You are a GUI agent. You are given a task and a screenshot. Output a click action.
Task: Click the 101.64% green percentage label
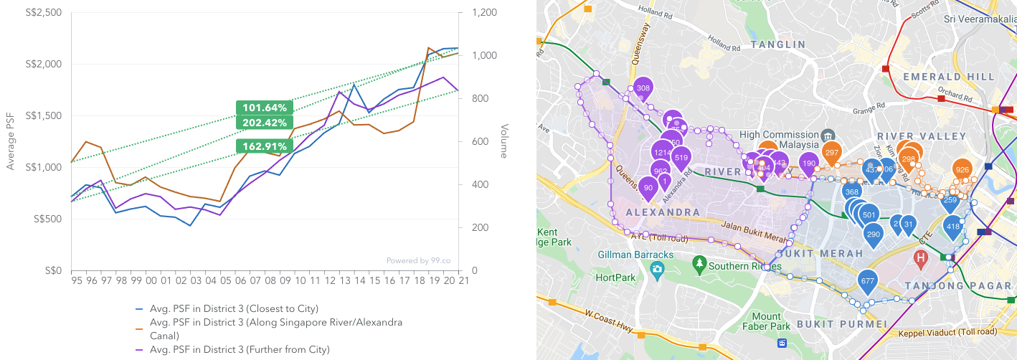pyautogui.click(x=264, y=108)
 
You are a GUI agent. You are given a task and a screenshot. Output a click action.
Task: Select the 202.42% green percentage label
pyautogui.click(x=264, y=122)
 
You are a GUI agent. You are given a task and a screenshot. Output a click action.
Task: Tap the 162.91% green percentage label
pyautogui.click(x=264, y=146)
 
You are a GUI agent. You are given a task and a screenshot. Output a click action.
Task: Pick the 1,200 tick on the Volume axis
pyautogui.click(x=484, y=13)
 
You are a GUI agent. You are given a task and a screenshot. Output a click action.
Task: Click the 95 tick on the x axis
pyautogui.click(x=75, y=281)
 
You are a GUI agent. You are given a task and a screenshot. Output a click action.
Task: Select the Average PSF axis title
pyautogui.click(x=10, y=141)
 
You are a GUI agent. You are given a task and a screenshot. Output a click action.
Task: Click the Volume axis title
pyautogui.click(x=504, y=141)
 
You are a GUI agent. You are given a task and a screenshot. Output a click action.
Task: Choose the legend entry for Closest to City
pyautogui.click(x=234, y=308)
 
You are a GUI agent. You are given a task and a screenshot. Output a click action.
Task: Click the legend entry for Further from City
pyautogui.click(x=240, y=349)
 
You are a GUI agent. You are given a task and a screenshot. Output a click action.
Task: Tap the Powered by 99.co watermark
pyautogui.click(x=418, y=261)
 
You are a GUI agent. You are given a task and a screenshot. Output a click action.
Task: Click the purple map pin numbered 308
pyautogui.click(x=643, y=88)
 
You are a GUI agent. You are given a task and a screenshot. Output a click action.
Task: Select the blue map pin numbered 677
pyautogui.click(x=867, y=281)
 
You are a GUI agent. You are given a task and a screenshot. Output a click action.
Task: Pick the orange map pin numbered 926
pyautogui.click(x=962, y=170)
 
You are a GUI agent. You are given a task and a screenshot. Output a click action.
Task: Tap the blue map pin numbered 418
pyautogui.click(x=952, y=227)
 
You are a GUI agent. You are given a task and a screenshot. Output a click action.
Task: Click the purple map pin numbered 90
pyautogui.click(x=648, y=188)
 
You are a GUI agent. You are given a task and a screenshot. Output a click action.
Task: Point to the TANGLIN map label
pyautogui.click(x=778, y=44)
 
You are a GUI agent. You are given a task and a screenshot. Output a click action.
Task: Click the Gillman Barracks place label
pyautogui.click(x=635, y=255)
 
